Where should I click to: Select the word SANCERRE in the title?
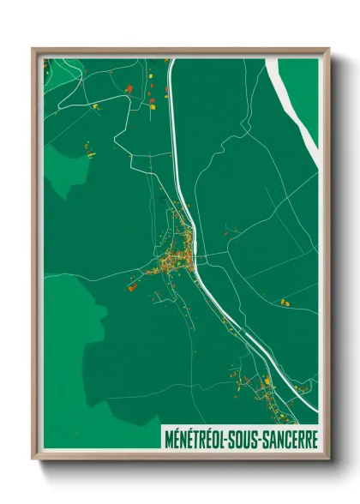coord(294,438)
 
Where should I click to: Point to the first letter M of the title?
coord(167,438)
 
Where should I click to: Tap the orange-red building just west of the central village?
coord(131,288)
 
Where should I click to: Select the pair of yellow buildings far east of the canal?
coord(285,302)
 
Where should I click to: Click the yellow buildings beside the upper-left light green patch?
coord(89,153)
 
